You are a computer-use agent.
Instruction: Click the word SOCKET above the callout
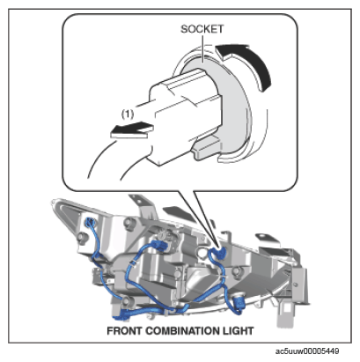point(202,29)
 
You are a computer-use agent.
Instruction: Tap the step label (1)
point(128,114)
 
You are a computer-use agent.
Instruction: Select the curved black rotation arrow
point(246,63)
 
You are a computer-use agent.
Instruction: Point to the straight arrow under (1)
point(132,129)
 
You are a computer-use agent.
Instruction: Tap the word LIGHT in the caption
point(239,331)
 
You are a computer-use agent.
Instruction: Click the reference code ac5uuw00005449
point(307,351)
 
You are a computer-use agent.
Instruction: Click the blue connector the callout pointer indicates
point(218,253)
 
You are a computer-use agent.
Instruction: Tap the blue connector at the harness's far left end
point(90,223)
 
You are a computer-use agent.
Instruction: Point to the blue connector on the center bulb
point(159,245)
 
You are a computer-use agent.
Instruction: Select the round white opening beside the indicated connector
point(202,253)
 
